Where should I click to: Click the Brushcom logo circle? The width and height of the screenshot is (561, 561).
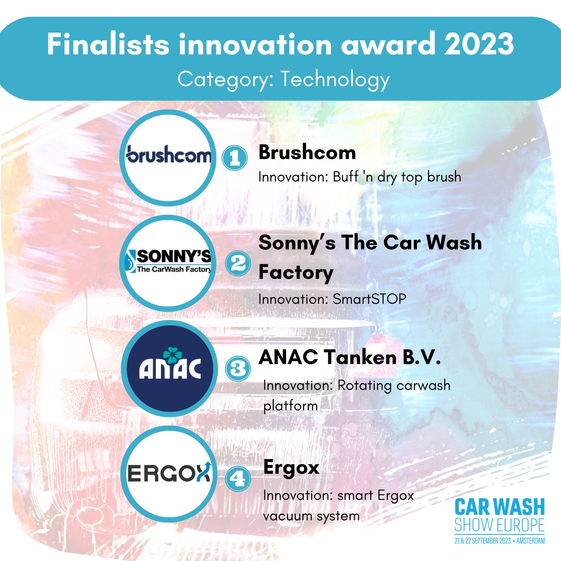(168, 158)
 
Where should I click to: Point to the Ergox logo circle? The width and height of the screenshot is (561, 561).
(169, 474)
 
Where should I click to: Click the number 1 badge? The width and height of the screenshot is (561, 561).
(234, 158)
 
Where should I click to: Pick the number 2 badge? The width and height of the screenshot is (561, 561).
(238, 263)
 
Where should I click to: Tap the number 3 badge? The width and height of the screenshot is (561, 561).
(238, 368)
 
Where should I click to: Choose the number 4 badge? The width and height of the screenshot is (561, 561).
(238, 479)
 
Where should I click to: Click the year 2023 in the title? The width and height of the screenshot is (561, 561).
(479, 44)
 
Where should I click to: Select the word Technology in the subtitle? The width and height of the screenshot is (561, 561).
(335, 80)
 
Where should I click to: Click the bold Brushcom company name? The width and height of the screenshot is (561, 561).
(307, 153)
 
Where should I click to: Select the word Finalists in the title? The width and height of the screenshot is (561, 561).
(108, 44)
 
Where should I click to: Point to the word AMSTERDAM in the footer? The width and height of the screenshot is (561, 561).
(531, 541)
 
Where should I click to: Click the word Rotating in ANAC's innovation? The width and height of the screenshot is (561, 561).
(364, 386)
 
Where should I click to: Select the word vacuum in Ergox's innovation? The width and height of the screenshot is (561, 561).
(288, 516)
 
